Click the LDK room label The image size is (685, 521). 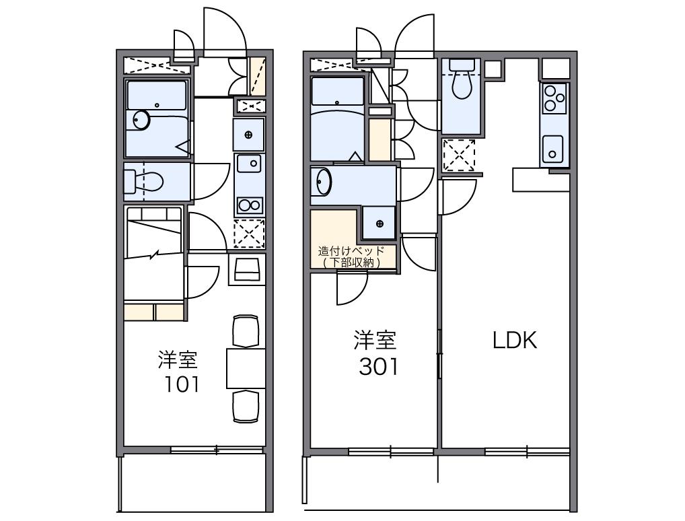(x=515, y=340)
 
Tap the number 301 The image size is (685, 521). (x=379, y=367)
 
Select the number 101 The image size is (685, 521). (x=182, y=384)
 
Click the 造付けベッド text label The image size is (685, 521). (x=352, y=251)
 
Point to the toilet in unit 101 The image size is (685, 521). (x=144, y=181)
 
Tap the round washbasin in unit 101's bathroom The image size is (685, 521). (x=141, y=120)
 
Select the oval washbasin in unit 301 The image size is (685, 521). (x=324, y=181)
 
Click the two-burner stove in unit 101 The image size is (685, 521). (x=250, y=205)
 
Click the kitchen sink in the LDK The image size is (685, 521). (x=552, y=149)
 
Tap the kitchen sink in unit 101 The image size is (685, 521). (x=249, y=164)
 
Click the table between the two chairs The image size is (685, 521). (x=246, y=368)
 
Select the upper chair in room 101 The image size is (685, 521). (x=246, y=331)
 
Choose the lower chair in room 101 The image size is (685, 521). (x=246, y=407)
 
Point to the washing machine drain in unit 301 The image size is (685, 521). (x=380, y=223)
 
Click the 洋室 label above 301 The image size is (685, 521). (x=375, y=341)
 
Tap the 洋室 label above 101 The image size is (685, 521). (x=178, y=359)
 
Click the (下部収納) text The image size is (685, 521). (x=352, y=263)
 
